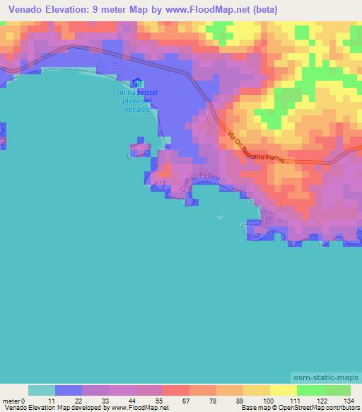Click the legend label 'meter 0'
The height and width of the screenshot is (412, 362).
[x=13, y=401]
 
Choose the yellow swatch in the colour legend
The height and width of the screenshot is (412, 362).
[x=284, y=390]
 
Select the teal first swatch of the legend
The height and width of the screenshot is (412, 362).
[x=42, y=390]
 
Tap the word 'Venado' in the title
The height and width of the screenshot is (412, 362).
[x=26, y=10]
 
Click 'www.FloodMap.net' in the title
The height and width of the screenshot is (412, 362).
[x=207, y=10]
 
